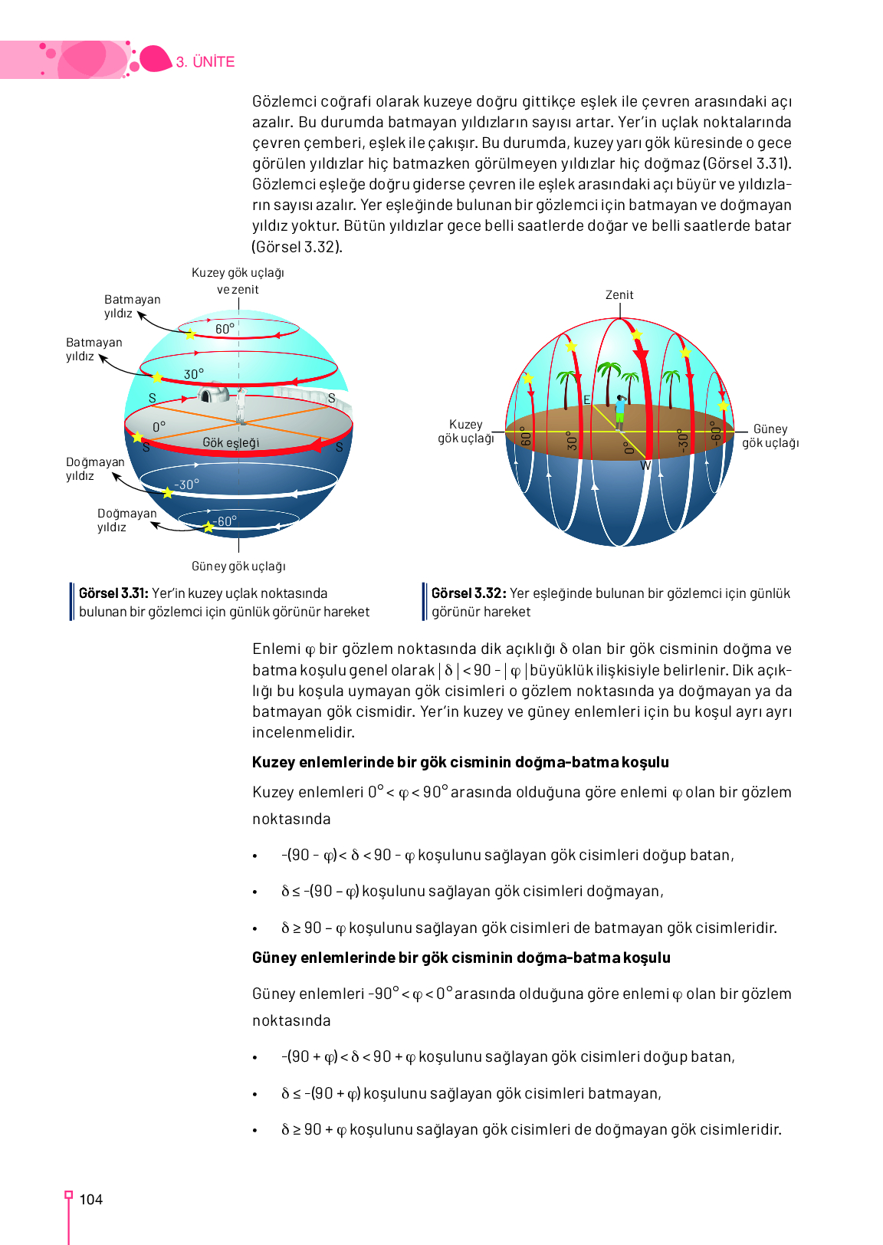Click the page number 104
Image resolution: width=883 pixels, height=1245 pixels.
tap(90, 1200)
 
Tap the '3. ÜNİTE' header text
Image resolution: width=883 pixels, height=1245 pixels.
tap(205, 62)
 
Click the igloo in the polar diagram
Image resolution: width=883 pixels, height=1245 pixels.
tap(214, 394)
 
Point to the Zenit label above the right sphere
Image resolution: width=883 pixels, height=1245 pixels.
tap(619, 295)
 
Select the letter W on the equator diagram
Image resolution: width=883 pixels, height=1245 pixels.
tap(645, 465)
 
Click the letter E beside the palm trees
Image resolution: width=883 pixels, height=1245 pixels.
tap(587, 399)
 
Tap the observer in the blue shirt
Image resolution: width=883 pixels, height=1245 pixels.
tap(619, 412)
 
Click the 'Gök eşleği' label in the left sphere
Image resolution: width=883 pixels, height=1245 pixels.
tap(231, 442)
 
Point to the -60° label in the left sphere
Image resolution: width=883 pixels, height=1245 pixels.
tap(225, 521)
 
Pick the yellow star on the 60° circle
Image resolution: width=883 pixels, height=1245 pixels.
tap(190, 334)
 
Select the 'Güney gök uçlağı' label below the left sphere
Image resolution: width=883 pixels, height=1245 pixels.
tap(238, 567)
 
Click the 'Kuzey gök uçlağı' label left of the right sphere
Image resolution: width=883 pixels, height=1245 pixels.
tap(466, 431)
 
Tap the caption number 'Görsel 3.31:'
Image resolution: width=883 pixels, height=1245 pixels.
tap(113, 593)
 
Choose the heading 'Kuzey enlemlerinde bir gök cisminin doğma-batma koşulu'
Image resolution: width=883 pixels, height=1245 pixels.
tap(460, 762)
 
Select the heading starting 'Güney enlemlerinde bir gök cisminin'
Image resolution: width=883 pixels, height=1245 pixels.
tap(461, 958)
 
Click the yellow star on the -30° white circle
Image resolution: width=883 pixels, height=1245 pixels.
tap(167, 492)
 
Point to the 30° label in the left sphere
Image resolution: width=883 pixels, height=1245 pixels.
tap(194, 374)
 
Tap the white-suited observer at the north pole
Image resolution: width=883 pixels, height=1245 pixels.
tap(241, 404)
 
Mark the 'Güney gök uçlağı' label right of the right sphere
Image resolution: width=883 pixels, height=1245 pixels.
tap(770, 436)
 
